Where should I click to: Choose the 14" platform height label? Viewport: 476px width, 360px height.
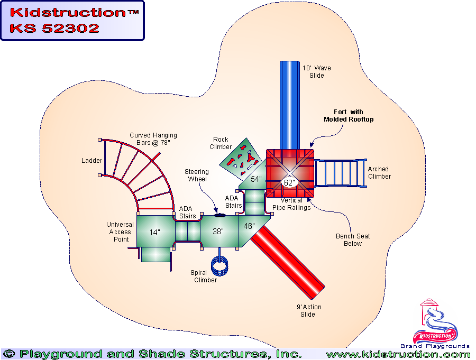154,232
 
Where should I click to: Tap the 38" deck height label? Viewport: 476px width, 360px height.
218,232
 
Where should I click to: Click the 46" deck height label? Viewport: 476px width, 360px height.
249,226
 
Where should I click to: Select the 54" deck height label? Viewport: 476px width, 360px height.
256,179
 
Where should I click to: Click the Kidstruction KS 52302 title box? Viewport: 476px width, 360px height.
72,21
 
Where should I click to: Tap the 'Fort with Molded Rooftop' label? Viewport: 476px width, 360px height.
349,116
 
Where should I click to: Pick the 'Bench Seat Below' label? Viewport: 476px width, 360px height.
353,240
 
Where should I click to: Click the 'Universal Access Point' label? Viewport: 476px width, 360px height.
120,232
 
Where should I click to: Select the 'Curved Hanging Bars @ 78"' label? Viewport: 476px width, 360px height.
153,139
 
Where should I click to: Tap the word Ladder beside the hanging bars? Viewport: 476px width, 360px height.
91,161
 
